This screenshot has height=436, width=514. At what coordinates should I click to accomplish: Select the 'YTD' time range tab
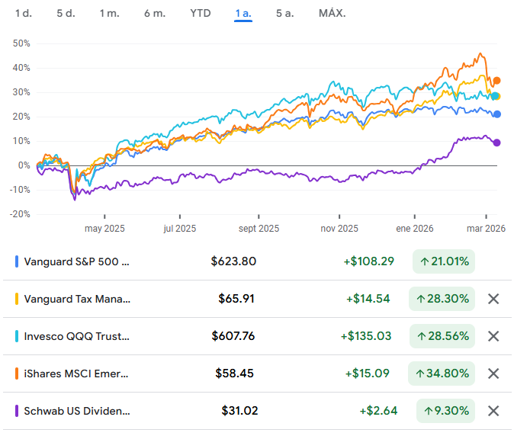click(x=201, y=14)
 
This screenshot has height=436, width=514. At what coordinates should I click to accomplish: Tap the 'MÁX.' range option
click(x=332, y=14)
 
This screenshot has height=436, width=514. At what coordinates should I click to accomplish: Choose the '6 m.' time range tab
click(x=155, y=14)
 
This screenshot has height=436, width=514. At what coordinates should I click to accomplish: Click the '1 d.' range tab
click(x=24, y=14)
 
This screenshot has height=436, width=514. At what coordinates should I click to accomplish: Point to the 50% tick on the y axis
click(x=21, y=43)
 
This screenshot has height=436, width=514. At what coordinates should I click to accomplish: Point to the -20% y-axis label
click(x=20, y=214)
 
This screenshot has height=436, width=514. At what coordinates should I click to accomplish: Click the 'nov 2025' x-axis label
click(x=339, y=228)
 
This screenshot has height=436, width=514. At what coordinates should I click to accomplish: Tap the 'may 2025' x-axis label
click(x=104, y=228)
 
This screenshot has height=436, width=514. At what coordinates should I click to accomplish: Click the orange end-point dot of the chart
click(x=496, y=81)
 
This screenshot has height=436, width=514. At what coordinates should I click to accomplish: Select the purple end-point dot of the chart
click(x=496, y=143)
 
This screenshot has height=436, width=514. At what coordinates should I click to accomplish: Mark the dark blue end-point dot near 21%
click(x=497, y=114)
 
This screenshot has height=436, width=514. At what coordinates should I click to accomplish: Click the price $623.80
click(x=233, y=261)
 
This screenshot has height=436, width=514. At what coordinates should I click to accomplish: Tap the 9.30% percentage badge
click(x=445, y=411)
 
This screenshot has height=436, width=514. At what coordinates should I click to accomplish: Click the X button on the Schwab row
click(x=493, y=411)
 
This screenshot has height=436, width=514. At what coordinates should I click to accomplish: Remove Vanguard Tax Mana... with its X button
click(x=493, y=299)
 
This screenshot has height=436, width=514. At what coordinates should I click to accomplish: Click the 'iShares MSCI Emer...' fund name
click(x=77, y=373)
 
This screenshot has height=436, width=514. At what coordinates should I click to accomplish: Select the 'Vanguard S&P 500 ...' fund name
click(x=77, y=261)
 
